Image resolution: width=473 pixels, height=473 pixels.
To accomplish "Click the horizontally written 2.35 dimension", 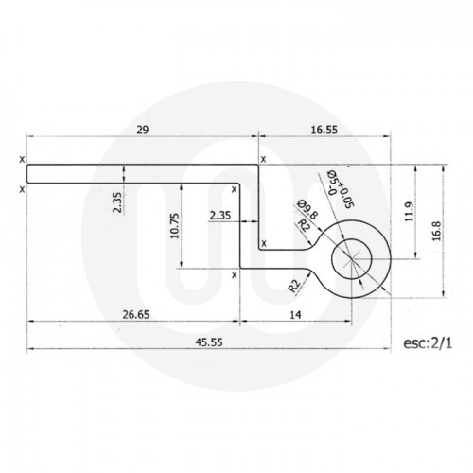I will point(221,215).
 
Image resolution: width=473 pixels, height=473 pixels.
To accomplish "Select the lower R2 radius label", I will point(296,284).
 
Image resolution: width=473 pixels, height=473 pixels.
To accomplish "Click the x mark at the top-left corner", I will point(22,160).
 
